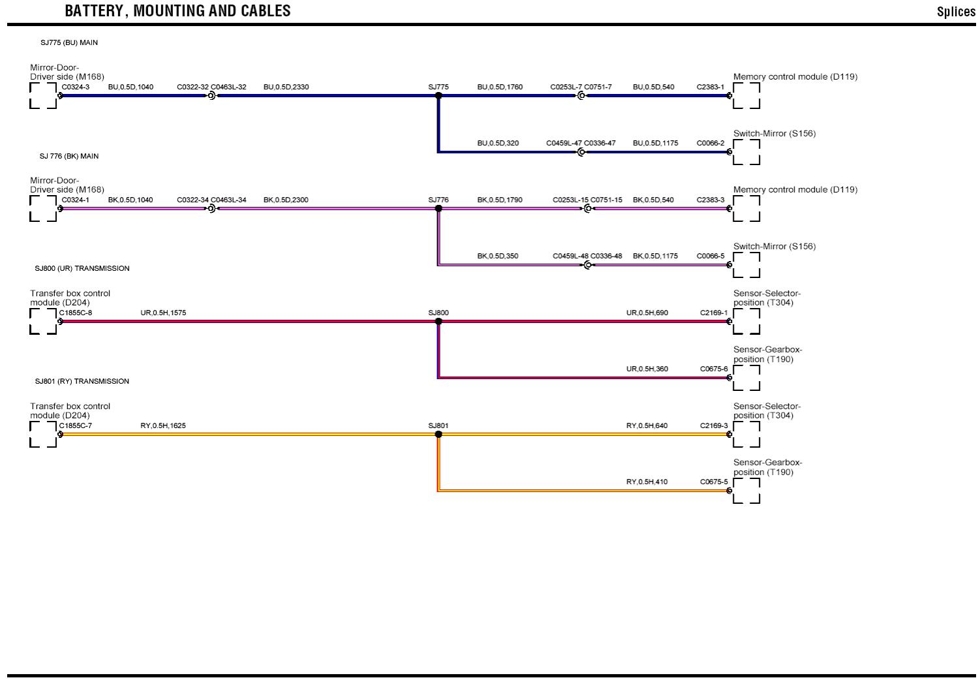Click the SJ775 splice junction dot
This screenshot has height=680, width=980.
pyautogui.click(x=438, y=96)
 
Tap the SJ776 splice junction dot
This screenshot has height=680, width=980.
pyautogui.click(x=438, y=209)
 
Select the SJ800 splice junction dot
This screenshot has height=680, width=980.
pyautogui.click(x=438, y=322)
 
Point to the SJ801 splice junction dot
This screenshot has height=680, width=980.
pyautogui.click(x=438, y=435)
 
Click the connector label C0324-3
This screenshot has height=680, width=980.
pyautogui.click(x=76, y=87)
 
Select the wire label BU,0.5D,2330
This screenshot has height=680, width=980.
pyautogui.click(x=286, y=87)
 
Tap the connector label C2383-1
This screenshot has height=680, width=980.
pyautogui.click(x=711, y=87)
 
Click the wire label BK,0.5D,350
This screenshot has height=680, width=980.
pyautogui.click(x=498, y=256)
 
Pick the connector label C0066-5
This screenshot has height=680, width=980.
pyautogui.click(x=711, y=256)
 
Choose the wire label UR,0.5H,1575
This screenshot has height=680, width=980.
pyautogui.click(x=163, y=313)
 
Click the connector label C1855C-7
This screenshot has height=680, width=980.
pyautogui.click(x=76, y=426)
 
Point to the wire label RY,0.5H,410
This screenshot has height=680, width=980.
pyautogui.click(x=647, y=482)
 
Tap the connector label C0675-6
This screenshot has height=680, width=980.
pyautogui.click(x=714, y=369)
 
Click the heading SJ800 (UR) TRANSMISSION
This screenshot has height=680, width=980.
pyautogui.click(x=82, y=269)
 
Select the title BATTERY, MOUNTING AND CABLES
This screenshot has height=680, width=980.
pyautogui.click(x=178, y=11)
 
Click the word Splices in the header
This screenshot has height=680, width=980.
pyautogui.click(x=956, y=12)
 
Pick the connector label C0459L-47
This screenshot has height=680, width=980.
pyautogui.click(x=564, y=144)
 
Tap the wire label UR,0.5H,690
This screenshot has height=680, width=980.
pyautogui.click(x=647, y=313)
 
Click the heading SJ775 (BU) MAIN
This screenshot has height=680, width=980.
pyautogui.click(x=69, y=43)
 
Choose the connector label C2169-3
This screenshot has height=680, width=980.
pyautogui.click(x=714, y=426)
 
